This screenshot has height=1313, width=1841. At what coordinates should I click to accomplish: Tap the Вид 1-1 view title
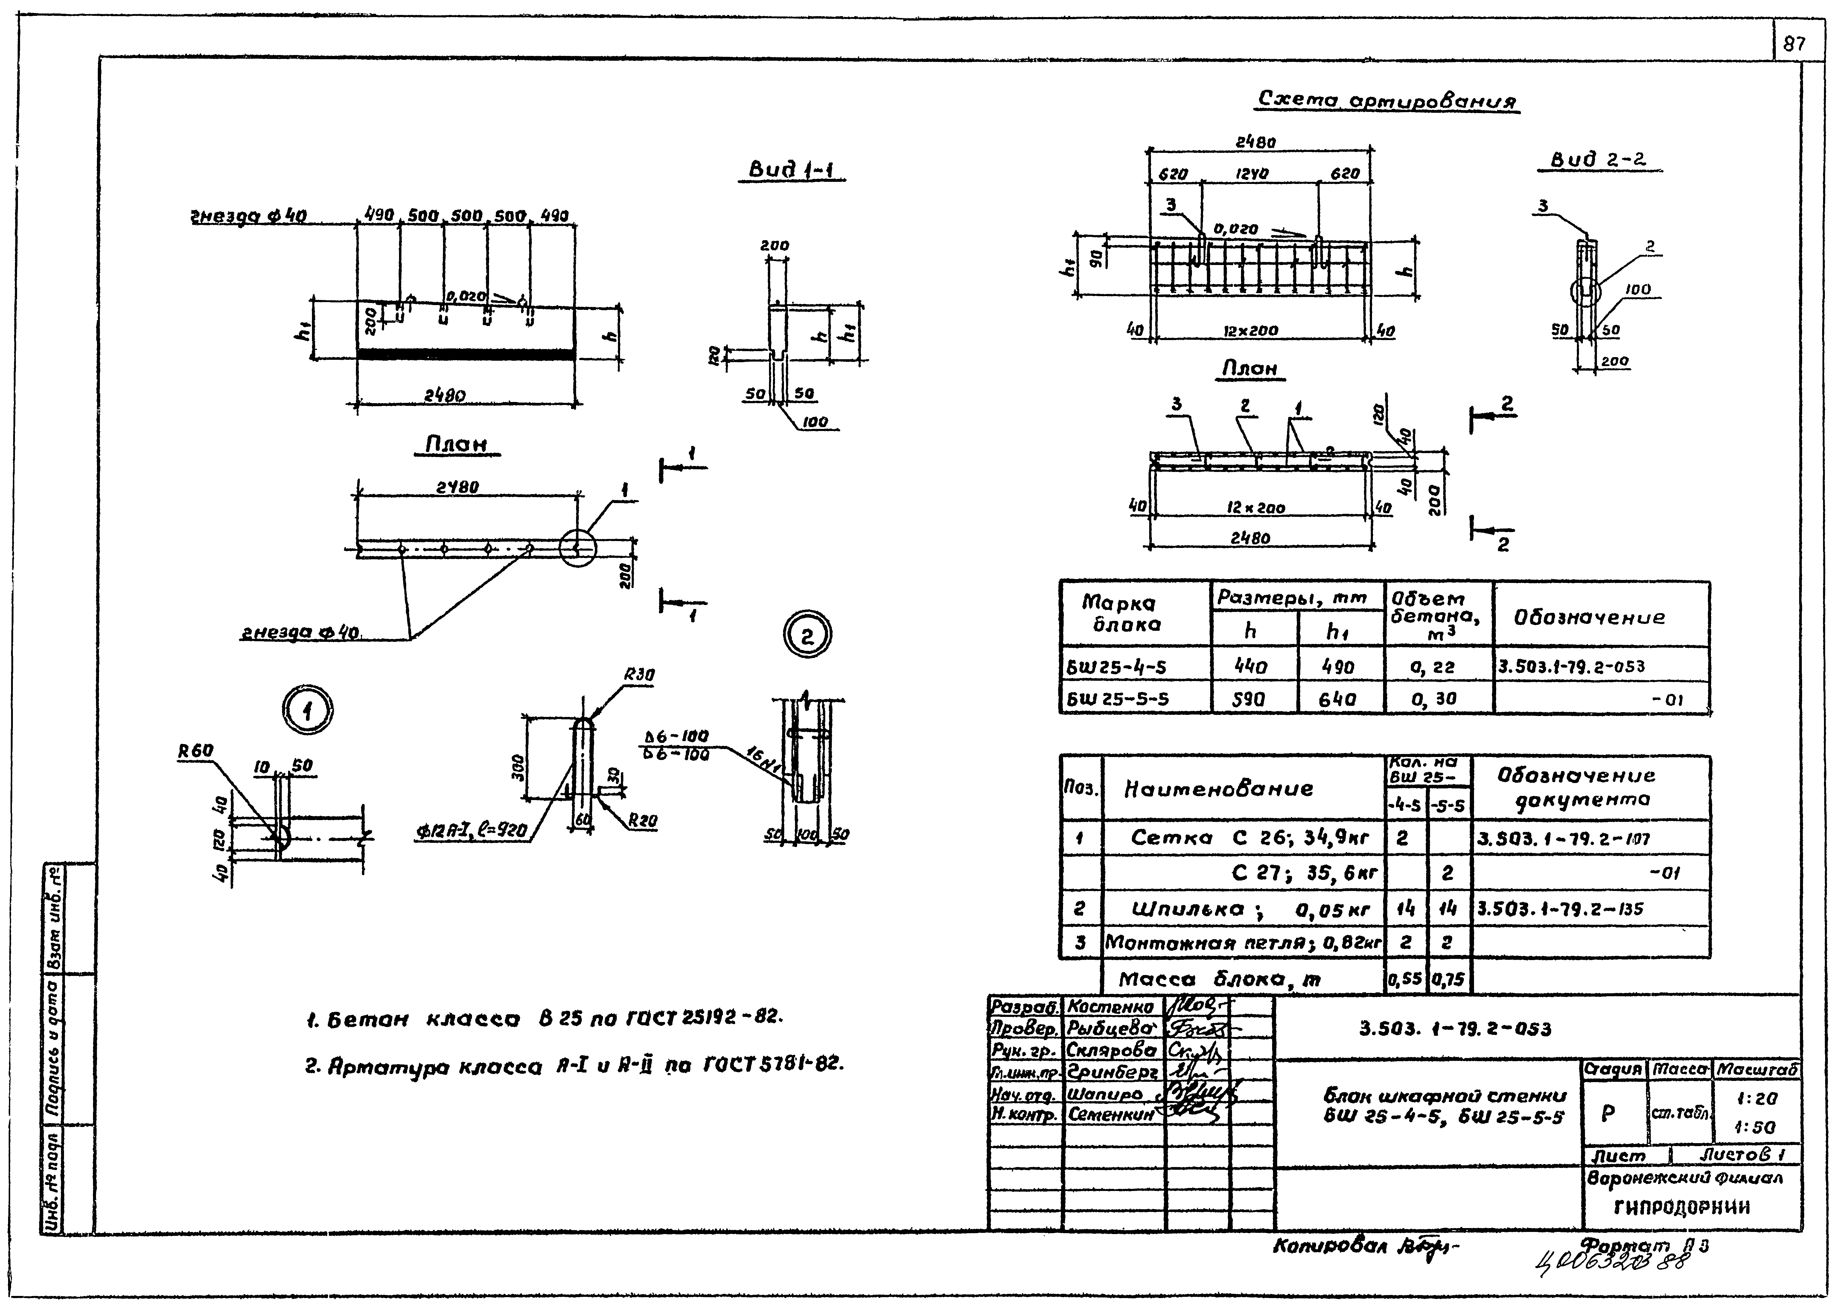791,170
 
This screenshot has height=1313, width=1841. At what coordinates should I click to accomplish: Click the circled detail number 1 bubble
307,712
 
